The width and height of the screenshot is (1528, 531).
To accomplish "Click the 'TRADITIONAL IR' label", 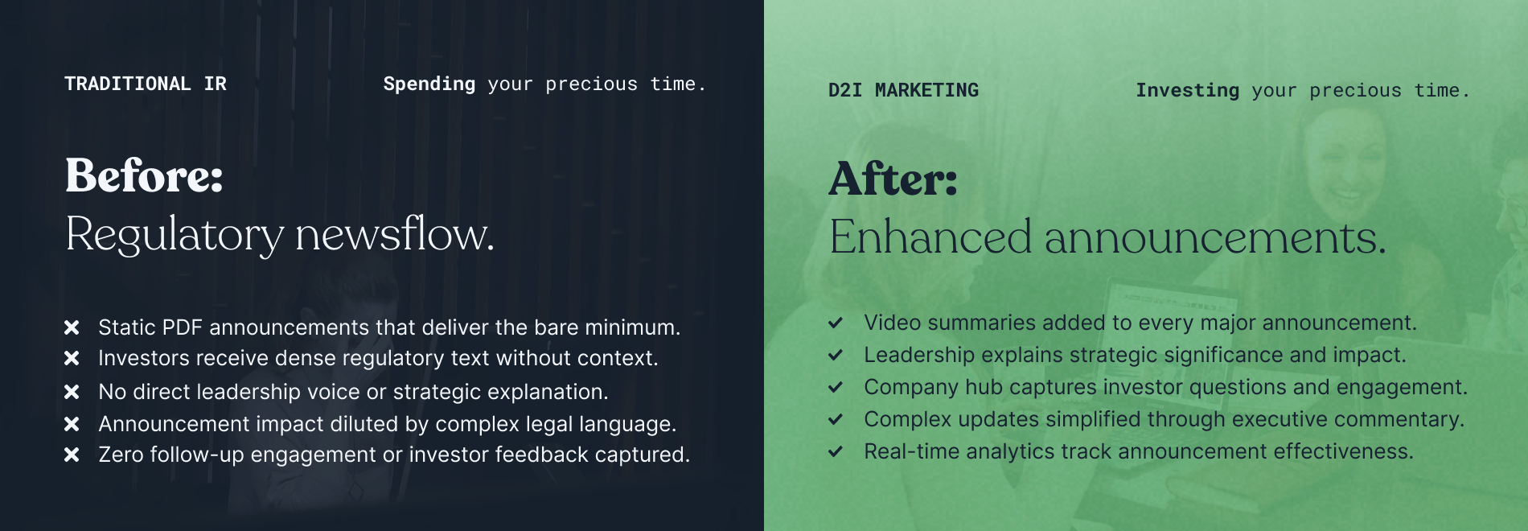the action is (146, 84).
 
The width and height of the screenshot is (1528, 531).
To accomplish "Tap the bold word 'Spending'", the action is (429, 84).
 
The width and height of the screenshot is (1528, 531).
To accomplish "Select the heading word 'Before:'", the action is (144, 175).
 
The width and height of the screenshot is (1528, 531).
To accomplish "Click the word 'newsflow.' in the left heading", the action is (395, 234).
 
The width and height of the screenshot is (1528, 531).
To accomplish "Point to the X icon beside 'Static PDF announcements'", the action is (72, 327).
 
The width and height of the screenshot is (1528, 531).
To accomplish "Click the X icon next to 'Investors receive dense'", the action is (72, 358).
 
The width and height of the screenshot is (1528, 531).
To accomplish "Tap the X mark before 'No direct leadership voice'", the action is (72, 392).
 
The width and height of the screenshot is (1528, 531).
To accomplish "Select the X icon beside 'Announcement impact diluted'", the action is (72, 424).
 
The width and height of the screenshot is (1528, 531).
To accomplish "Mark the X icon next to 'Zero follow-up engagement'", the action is (72, 455).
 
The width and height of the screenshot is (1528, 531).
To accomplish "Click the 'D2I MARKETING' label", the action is (903, 90).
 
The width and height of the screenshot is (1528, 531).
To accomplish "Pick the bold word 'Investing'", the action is (1187, 91).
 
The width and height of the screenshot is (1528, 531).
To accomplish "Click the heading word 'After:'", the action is (893, 179).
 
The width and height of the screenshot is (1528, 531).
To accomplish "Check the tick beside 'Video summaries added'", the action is (836, 323).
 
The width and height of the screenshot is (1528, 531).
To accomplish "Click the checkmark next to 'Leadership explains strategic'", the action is (836, 355).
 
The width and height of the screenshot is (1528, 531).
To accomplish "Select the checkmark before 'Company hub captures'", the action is (836, 387).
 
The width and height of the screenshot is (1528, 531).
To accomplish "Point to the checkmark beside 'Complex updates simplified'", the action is (836, 419).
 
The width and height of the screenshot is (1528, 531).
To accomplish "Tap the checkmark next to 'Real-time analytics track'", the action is (836, 451).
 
